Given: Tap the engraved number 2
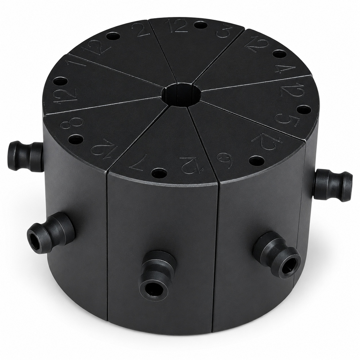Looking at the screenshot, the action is click(140, 31).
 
